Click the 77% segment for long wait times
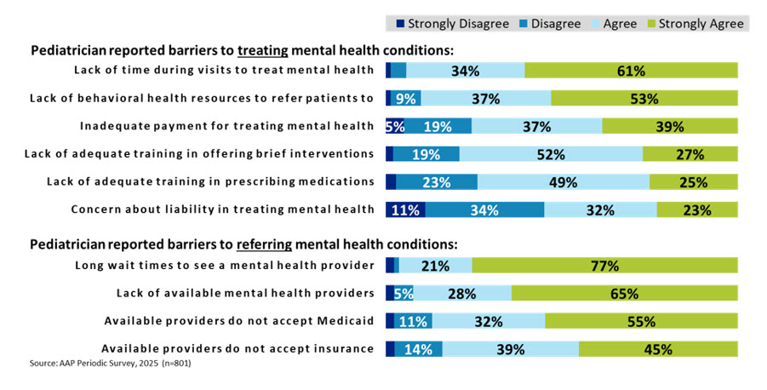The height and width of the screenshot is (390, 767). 604,266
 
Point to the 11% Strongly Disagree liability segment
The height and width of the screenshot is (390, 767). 406,209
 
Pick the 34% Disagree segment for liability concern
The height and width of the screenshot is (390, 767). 485,209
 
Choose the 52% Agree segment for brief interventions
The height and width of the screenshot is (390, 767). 551,154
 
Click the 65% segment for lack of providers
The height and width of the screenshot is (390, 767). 624,294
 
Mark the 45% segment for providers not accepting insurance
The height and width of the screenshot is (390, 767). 658,348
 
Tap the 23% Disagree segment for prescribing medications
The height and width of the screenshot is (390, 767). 437,181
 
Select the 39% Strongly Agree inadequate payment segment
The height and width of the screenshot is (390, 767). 670,126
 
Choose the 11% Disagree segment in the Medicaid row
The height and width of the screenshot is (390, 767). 414,321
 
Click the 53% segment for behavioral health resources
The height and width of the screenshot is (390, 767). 644,98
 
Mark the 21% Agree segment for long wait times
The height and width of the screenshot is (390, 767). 435,266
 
